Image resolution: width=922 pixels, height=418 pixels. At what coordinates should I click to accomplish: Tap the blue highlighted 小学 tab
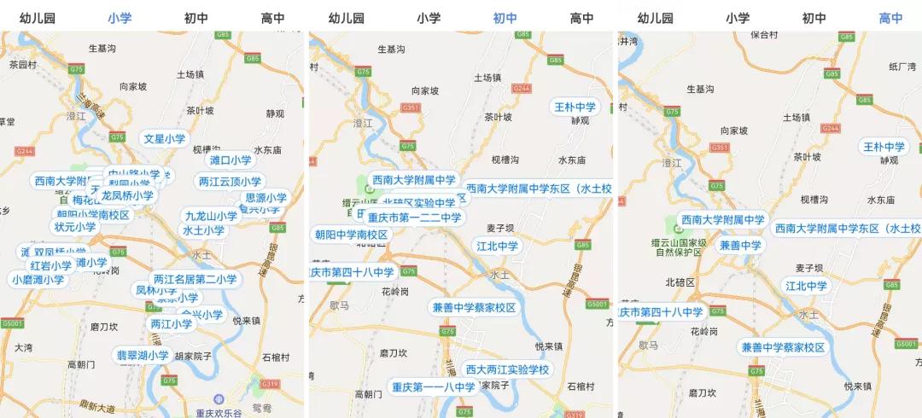[120, 17]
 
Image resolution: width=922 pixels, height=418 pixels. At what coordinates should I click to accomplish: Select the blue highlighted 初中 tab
[505, 17]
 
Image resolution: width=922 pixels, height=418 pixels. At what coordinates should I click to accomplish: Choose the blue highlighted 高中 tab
[891, 17]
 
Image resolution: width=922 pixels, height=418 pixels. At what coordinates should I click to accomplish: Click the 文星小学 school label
[165, 138]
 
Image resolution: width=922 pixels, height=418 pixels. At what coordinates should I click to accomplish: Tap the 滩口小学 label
[230, 160]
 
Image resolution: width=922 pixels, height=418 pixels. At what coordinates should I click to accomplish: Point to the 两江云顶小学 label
[230, 181]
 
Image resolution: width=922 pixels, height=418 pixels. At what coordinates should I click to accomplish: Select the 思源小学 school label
[266, 198]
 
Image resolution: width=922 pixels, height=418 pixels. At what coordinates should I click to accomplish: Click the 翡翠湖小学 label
[143, 355]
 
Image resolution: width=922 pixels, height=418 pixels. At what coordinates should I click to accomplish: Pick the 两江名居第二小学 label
[195, 279]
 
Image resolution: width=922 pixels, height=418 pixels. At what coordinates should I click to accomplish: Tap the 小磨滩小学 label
[38, 279]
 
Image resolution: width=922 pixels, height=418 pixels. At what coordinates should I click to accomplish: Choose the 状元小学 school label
[75, 227]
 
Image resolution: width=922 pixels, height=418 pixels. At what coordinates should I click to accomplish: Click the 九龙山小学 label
[210, 216]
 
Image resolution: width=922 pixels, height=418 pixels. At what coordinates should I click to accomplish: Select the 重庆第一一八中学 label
[433, 387]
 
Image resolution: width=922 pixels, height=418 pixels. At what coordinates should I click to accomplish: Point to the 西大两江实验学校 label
[507, 369]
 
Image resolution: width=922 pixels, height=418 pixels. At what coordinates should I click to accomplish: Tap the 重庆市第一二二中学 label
[414, 218]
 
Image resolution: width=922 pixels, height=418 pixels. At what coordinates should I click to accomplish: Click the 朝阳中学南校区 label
[351, 235]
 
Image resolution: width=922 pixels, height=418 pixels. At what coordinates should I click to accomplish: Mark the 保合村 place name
[764, 35]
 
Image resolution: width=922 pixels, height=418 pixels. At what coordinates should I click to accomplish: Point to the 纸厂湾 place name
[902, 67]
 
